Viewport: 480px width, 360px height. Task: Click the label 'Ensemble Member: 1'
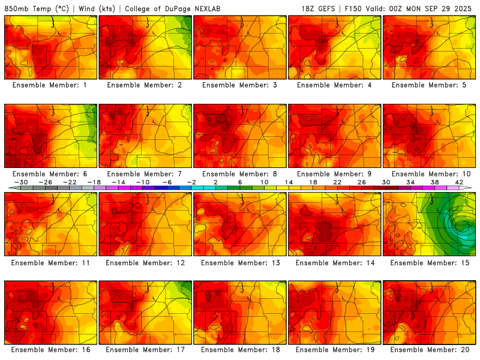[x=50, y=85]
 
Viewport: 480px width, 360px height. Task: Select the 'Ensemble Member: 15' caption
[x=430, y=262]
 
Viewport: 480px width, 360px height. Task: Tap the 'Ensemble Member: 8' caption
[x=239, y=173]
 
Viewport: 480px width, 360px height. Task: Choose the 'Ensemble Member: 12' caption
[x=145, y=262]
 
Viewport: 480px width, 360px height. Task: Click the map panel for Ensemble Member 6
[x=50, y=136]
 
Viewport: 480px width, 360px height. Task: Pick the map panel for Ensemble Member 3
[x=239, y=47]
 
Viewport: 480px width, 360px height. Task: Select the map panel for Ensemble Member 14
[x=334, y=224]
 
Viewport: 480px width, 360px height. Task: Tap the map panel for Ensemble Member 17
[x=145, y=312]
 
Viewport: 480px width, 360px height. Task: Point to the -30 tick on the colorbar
[x=20, y=182]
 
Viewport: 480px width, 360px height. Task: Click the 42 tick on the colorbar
[x=460, y=182]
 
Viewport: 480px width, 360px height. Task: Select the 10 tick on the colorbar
[x=265, y=182]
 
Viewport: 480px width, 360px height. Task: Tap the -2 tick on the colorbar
[x=191, y=182]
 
